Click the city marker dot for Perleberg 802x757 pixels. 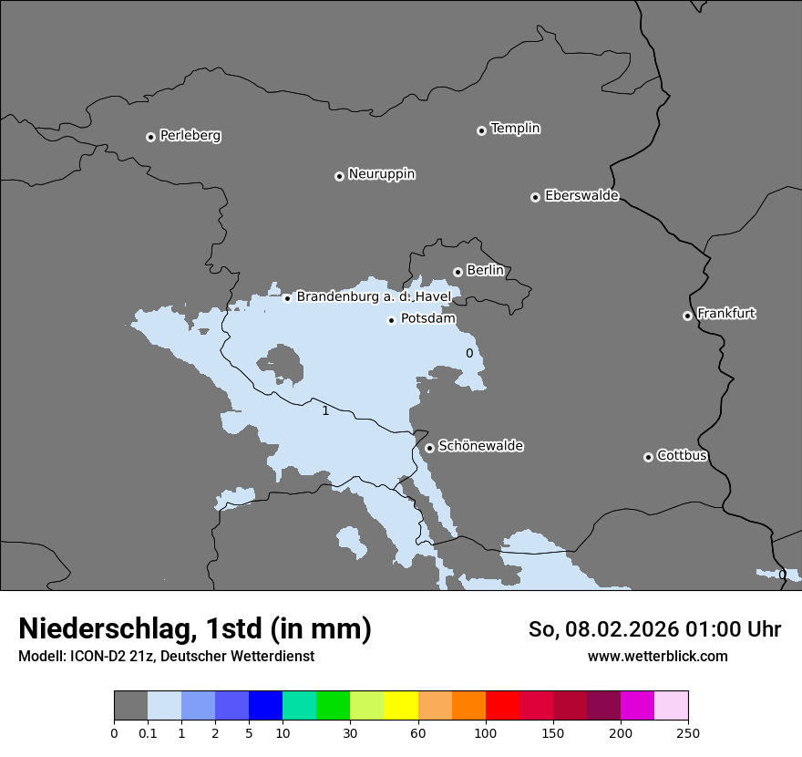[150, 137]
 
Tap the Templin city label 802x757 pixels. [515, 129]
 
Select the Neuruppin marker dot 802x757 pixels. [339, 176]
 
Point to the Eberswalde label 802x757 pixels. [581, 196]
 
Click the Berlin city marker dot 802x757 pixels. [458, 272]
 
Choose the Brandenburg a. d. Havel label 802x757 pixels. [374, 297]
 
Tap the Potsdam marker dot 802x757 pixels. [391, 320]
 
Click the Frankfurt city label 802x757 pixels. [726, 314]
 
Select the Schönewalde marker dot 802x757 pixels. [429, 448]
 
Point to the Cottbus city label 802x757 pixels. [682, 456]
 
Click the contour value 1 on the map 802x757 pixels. [325, 411]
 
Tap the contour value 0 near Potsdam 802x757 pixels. [469, 353]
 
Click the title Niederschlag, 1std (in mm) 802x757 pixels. [195, 628]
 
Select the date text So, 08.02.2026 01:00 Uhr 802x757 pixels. [654, 629]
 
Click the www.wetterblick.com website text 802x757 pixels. [657, 657]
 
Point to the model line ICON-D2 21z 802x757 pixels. [166, 657]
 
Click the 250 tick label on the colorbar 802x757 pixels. [687, 733]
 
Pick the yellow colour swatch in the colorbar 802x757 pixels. [401, 706]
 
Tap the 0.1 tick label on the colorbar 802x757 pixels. [148, 733]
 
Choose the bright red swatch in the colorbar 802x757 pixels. [502, 706]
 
